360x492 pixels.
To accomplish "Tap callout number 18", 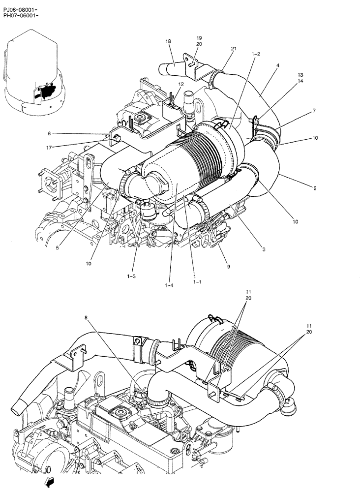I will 168,42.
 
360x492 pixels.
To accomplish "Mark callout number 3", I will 264,250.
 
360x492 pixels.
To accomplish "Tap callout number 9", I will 228,267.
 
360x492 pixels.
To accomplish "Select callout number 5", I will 57,248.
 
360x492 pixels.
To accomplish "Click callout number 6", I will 49,133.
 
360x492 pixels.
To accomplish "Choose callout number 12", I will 181,84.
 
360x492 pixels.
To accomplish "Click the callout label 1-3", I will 131,277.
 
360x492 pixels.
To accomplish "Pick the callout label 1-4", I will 169,284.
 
